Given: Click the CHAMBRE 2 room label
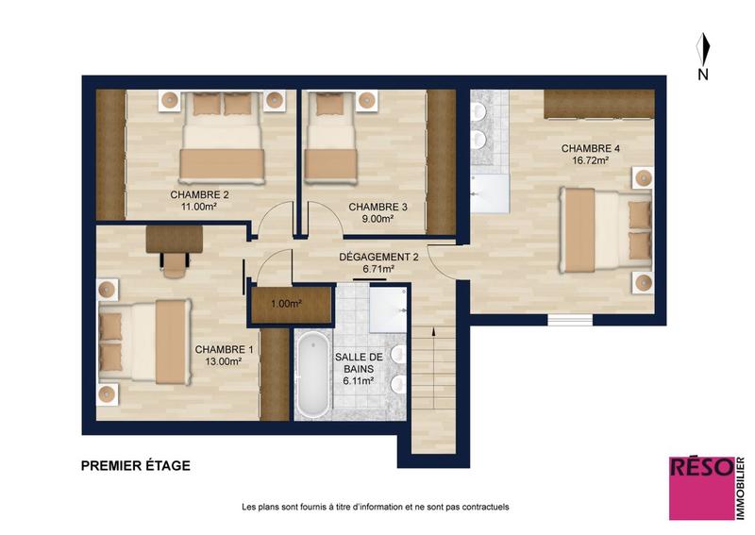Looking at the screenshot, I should tap(199, 195).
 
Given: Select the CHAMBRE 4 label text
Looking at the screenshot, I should tap(590, 148).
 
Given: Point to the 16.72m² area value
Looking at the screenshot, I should tap(590, 160).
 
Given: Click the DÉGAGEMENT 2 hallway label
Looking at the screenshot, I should tap(377, 256).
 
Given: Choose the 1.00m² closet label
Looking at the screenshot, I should tap(287, 304).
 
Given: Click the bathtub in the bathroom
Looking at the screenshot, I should tap(310, 375).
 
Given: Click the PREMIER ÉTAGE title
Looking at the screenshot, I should tap(136, 465).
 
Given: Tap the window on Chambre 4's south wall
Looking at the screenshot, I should tap(573, 319).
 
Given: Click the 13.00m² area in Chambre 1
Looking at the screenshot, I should tap(225, 360).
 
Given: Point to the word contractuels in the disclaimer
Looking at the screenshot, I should tap(483, 507).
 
